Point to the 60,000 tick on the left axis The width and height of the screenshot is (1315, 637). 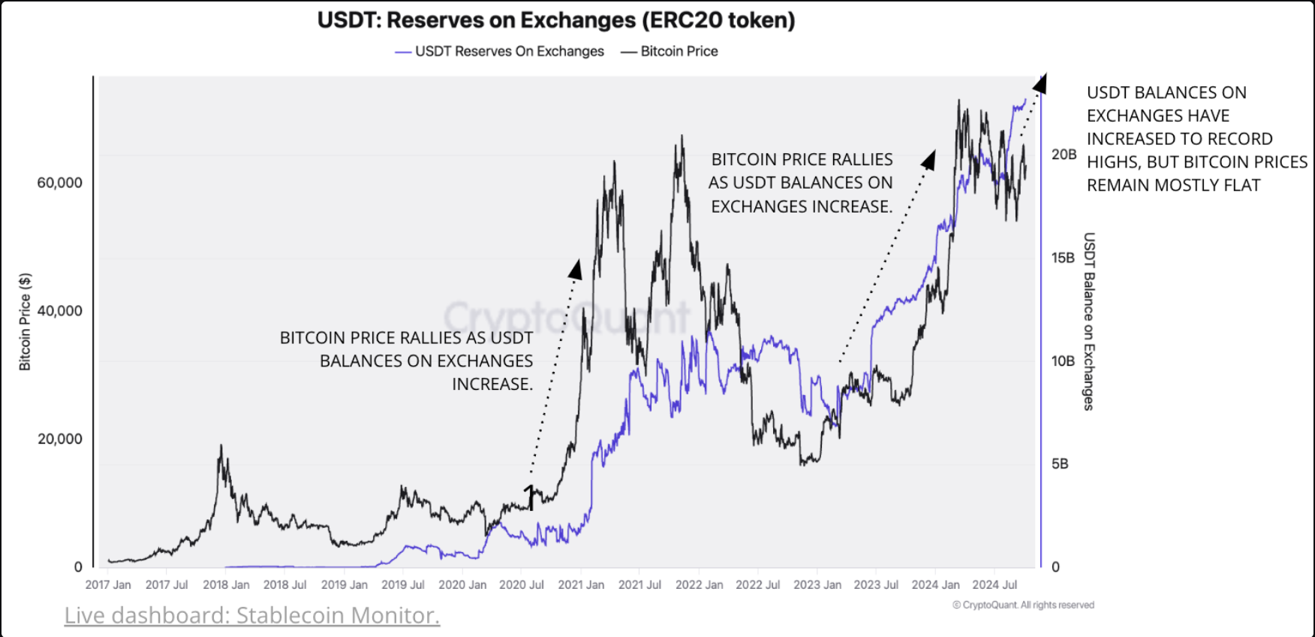(x=59, y=183)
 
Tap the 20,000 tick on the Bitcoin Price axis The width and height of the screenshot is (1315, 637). (x=59, y=439)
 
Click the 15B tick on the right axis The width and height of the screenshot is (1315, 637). (x=1063, y=258)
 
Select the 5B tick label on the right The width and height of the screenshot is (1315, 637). (x=1059, y=463)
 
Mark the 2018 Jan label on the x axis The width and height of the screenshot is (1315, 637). (x=226, y=584)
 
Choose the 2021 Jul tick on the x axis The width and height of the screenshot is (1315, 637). (x=639, y=584)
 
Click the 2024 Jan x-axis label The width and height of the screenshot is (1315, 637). (x=935, y=584)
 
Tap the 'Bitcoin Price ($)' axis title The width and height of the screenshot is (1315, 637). (x=25, y=322)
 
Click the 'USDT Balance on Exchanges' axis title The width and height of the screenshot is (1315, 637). (x=1089, y=322)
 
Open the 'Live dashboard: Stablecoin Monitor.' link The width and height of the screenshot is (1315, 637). (x=251, y=615)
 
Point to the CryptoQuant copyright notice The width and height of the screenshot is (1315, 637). (x=1023, y=605)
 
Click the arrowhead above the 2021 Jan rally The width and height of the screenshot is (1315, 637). (x=576, y=269)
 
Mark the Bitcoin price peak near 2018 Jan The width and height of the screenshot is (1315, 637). (x=221, y=446)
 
